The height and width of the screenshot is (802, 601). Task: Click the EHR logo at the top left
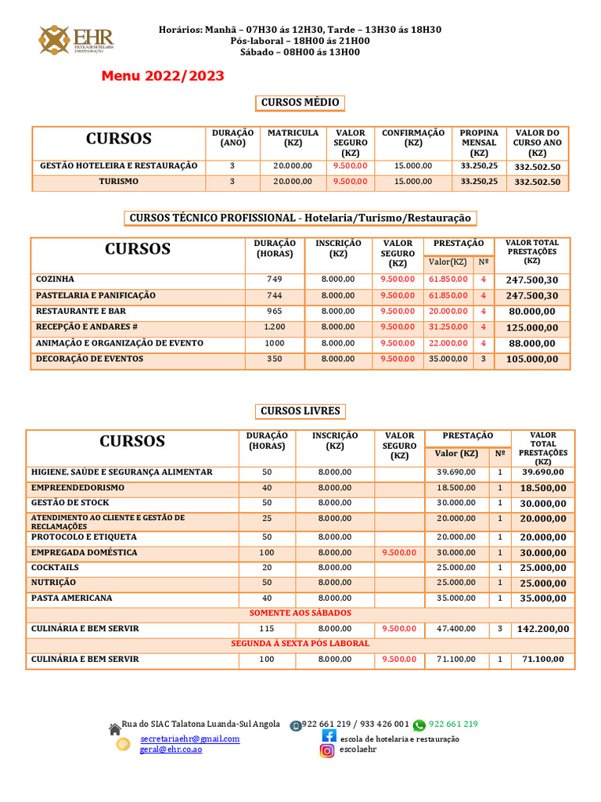click(77, 39)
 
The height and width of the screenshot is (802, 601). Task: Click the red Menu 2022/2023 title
click(162, 76)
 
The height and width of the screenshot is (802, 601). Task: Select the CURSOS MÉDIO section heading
click(300, 103)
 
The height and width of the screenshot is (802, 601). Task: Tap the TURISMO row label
click(119, 181)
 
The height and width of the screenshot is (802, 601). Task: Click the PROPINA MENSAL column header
click(478, 143)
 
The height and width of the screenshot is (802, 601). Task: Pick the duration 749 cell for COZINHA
click(274, 280)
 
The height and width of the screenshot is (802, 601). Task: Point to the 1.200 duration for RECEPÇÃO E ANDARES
click(274, 327)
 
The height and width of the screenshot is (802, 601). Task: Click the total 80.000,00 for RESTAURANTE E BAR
click(531, 312)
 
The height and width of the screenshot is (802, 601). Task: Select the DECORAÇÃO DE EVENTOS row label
click(89, 359)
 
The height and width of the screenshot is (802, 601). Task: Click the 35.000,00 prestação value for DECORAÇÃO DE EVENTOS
click(448, 359)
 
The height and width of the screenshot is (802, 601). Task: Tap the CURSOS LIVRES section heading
click(300, 411)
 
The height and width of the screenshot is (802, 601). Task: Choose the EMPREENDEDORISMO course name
click(77, 488)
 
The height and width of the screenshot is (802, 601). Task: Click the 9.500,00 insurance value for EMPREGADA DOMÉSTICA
click(399, 553)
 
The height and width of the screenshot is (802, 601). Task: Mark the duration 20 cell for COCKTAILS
click(267, 568)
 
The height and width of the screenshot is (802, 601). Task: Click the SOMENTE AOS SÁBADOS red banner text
click(300, 612)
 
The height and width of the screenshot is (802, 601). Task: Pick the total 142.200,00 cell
click(542, 629)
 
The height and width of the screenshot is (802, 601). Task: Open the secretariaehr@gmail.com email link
click(190, 739)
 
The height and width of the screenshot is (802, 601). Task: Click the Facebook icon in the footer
click(329, 736)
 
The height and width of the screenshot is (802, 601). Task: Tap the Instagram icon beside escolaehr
click(326, 750)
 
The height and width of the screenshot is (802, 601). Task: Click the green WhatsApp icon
click(419, 725)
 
